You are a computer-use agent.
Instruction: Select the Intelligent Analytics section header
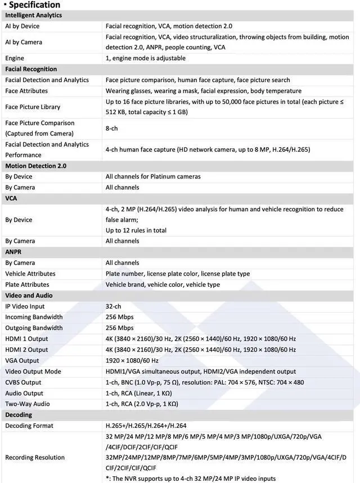pyautogui.click(x=33, y=15)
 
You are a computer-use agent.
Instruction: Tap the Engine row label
pyautogui.click(x=16, y=58)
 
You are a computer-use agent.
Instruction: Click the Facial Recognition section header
pyautogui.click(x=31, y=69)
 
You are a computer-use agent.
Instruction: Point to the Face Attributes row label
pyautogui.click(x=26, y=91)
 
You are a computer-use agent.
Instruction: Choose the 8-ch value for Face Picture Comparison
pyautogui.click(x=112, y=128)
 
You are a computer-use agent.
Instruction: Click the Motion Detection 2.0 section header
pyautogui.click(x=35, y=166)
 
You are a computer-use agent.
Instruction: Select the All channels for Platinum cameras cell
pyautogui.click(x=153, y=177)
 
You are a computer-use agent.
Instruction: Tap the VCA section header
pyautogui.click(x=11, y=198)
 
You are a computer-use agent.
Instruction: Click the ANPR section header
pyautogui.click(x=13, y=252)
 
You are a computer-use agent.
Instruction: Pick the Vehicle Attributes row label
pyautogui.click(x=30, y=274)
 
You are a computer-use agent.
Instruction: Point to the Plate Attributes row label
pyautogui.click(x=27, y=285)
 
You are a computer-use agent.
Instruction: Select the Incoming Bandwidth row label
pyautogui.click(x=34, y=317)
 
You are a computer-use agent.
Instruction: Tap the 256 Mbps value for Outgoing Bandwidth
pyautogui.click(x=120, y=328)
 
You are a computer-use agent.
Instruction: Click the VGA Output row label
pyautogui.click(x=22, y=360)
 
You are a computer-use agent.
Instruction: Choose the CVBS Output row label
pyautogui.click(x=23, y=382)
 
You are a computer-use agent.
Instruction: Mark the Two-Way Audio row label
pyautogui.click(x=27, y=404)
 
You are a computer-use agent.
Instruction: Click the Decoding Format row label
pyautogui.click(x=29, y=426)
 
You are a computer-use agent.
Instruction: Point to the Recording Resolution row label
pyautogui.click(x=35, y=457)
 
